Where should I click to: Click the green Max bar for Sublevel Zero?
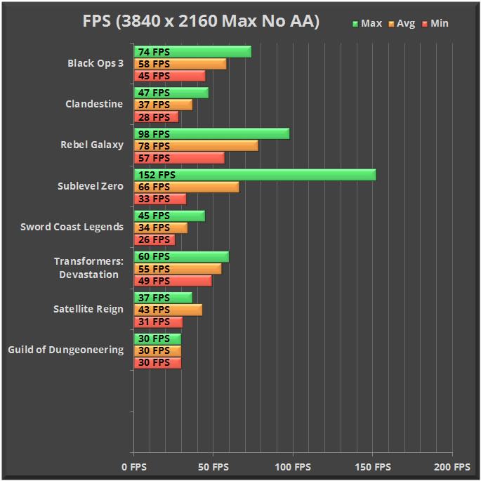point(255,175)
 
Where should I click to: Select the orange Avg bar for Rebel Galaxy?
point(196,146)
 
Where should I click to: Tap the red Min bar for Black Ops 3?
point(169,76)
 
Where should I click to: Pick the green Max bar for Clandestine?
point(171,93)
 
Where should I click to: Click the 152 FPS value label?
point(157,175)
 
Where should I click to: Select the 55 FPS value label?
point(154,269)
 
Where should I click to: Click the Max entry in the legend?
point(367,23)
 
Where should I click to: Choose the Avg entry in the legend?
point(402,23)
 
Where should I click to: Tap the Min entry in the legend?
point(435,23)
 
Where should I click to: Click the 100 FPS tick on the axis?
point(292,466)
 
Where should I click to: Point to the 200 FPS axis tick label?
point(452,466)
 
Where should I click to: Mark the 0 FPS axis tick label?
point(133,466)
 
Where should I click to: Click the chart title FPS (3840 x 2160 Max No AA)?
point(200,22)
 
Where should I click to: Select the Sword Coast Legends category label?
point(72,227)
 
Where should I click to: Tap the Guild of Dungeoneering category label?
point(66,350)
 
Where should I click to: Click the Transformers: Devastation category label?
point(88,268)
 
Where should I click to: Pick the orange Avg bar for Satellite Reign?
point(168,310)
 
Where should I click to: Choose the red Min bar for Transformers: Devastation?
point(173,281)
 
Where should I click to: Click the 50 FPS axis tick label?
point(213,466)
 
